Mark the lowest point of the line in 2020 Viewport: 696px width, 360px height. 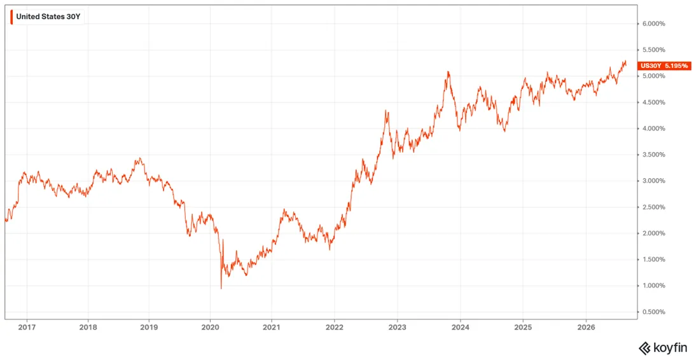[221, 289]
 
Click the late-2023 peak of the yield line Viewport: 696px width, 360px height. [449, 71]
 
